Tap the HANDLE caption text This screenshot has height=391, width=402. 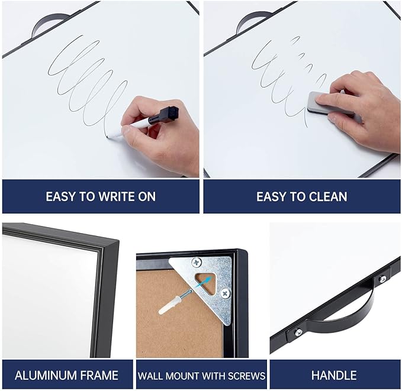coord(334,375)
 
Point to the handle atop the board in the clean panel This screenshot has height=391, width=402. coord(251,22)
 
